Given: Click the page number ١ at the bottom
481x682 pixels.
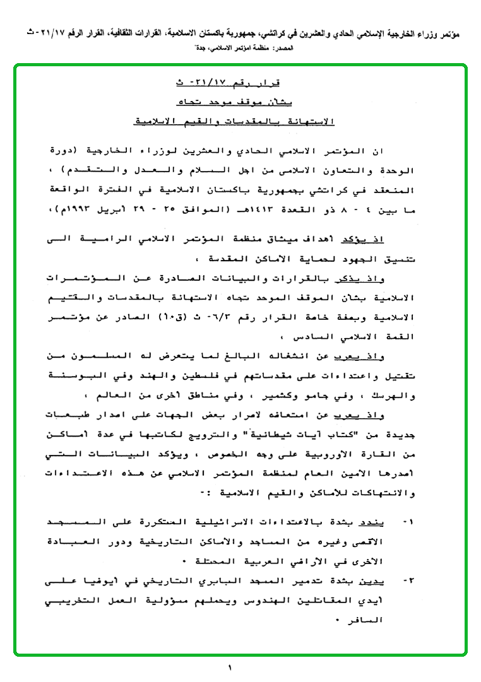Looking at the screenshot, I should [230, 667].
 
